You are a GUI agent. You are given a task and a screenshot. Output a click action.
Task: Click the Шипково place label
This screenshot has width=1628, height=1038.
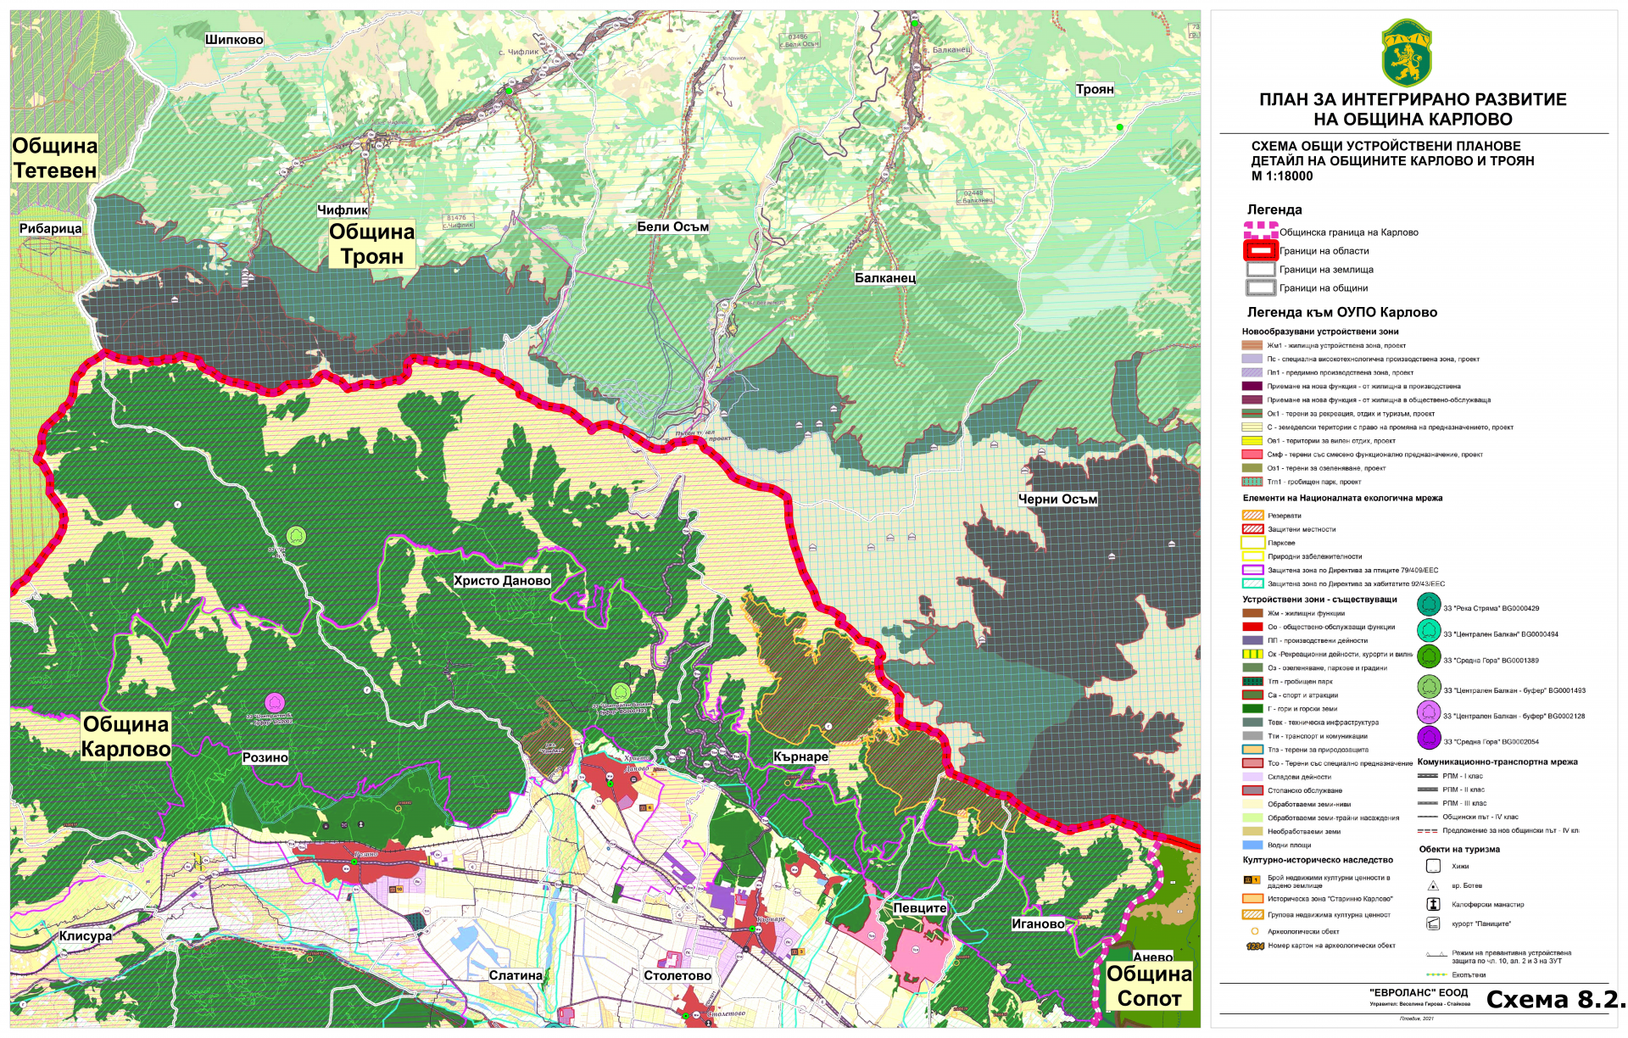coord(234,40)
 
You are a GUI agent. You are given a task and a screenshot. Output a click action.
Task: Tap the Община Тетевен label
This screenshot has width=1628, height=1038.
coord(55,159)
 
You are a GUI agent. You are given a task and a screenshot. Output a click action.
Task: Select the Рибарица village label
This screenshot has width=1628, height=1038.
coord(51,228)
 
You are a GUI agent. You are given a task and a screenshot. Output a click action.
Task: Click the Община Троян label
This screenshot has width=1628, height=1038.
coord(371,244)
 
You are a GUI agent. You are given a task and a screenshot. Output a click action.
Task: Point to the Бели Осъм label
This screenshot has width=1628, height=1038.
coord(672,226)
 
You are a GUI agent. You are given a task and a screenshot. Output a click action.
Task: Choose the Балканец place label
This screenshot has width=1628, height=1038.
coord(884,278)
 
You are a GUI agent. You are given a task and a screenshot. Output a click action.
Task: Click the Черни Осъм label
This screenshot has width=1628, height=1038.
coord(1057,499)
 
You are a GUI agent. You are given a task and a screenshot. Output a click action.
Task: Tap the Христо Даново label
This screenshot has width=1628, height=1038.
coord(502,581)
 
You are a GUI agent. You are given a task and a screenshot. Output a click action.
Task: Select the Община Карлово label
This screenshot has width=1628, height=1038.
coord(125,737)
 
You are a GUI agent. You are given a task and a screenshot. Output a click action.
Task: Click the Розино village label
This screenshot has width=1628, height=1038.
coord(265,757)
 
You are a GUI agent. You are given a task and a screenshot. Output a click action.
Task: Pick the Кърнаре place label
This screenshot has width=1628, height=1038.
coord(800,756)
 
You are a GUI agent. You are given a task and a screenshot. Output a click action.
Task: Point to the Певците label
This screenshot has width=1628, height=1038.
coord(919,908)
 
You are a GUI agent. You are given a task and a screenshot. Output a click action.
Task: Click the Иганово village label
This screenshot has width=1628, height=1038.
coord(1038,924)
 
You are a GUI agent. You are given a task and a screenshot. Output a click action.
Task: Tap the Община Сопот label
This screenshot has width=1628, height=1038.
coord(1149,986)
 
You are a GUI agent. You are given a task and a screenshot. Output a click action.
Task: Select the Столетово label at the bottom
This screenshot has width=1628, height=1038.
coord(677,976)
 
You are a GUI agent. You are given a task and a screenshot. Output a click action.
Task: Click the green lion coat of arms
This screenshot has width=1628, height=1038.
coord(1407,53)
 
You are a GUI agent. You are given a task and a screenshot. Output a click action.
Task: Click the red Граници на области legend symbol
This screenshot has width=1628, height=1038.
coord(1260,251)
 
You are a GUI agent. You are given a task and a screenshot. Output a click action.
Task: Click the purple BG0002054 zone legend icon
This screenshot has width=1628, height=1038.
coord(1429,739)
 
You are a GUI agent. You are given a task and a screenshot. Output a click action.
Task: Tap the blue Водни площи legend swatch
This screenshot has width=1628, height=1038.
coord(1252,845)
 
